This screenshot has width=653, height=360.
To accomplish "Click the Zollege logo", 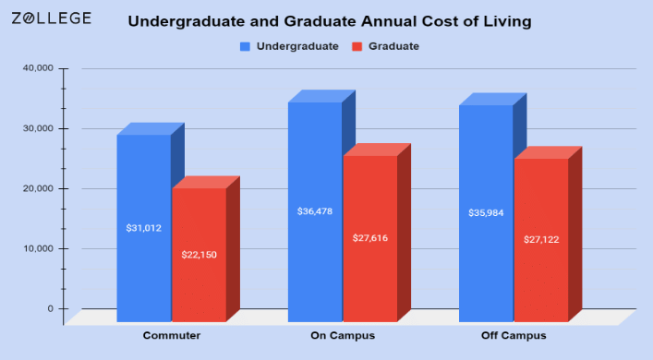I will tap(51, 18).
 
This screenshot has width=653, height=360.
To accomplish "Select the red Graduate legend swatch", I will tap(356, 45).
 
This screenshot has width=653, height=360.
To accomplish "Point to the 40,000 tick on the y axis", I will tap(38, 68).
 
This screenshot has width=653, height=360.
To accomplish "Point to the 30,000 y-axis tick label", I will tap(38, 128).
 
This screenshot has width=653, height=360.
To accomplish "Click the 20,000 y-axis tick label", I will tap(38, 188).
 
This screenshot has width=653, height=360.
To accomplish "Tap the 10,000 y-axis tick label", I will tap(38, 248).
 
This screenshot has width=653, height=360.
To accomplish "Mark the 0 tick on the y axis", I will tap(51, 308).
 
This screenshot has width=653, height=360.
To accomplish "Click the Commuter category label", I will tap(172, 335).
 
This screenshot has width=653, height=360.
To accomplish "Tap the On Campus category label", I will tap(342, 335).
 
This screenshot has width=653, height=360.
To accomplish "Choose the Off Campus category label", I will tap(513, 335).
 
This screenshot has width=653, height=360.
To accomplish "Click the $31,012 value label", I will tap(143, 227).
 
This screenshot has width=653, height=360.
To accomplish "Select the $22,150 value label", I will tap(199, 254).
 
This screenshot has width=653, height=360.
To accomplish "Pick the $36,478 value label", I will tap(315, 211).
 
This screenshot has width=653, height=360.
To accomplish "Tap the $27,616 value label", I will tap(370, 238).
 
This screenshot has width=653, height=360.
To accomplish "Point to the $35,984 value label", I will tap(486, 213).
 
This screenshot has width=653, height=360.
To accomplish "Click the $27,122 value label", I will tap(541, 240).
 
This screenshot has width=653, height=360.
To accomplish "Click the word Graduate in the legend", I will tap(394, 45).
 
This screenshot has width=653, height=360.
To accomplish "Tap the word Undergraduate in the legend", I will tap(299, 45).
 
